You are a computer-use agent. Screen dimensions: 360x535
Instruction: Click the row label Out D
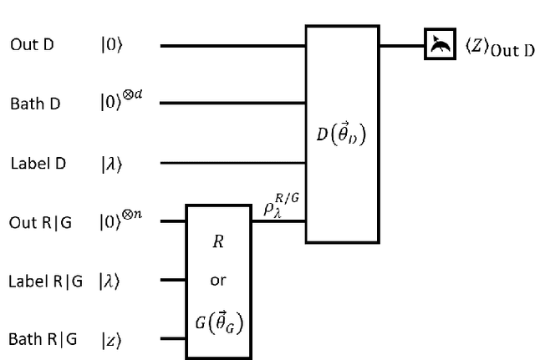point(32,46)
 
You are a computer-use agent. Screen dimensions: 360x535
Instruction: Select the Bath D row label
point(35,104)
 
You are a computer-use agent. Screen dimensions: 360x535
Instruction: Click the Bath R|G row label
point(43,339)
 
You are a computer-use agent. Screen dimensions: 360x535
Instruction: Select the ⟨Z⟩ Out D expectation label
point(499,48)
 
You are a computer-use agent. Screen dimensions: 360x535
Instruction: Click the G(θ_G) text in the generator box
point(217,319)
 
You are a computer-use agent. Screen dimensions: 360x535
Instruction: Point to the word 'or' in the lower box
point(217,281)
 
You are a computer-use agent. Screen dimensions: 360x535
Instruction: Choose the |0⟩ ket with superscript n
point(120,221)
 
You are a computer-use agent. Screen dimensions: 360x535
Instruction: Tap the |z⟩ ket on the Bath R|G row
point(110,339)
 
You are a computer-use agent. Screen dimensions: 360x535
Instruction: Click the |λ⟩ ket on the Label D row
point(110,163)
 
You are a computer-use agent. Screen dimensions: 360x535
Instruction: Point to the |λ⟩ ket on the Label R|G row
point(110,281)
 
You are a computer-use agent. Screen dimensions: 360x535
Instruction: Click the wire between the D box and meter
point(402,46)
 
